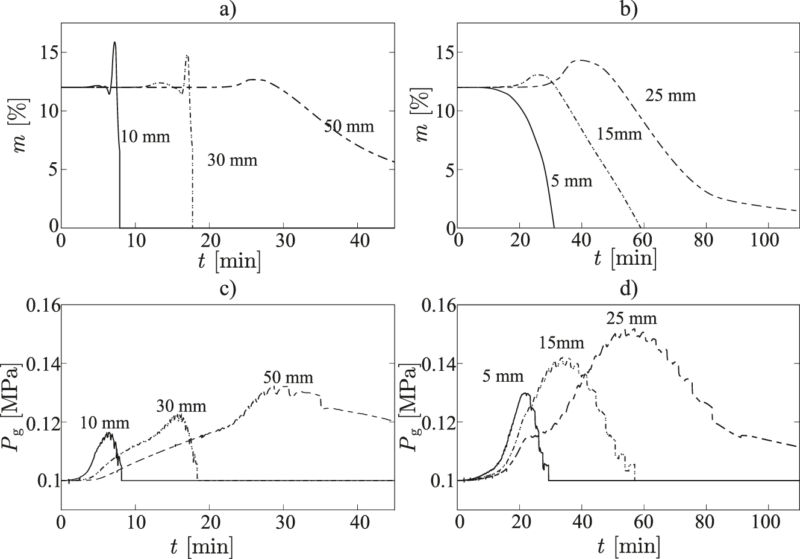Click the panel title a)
click(228, 10)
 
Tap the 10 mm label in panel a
click(145, 137)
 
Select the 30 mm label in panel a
click(232, 160)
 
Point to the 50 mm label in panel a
click(349, 127)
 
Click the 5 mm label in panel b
click(570, 180)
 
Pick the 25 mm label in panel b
click(670, 95)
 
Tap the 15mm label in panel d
click(561, 343)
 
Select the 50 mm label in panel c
click(288, 378)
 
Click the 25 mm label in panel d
click(631, 318)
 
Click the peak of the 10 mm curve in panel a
click(114, 42)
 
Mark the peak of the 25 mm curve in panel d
click(634, 329)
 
